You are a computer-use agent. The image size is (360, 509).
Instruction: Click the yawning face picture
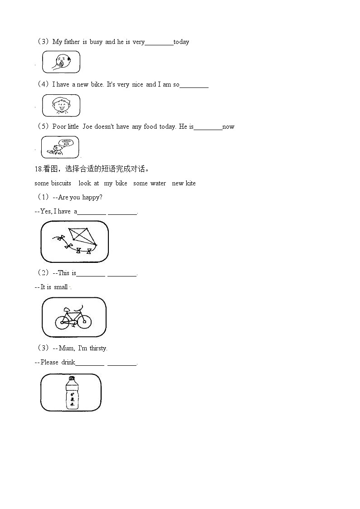point(61,62)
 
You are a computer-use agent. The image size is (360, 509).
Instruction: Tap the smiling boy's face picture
point(61,105)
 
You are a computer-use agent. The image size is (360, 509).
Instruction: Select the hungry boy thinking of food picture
point(60,147)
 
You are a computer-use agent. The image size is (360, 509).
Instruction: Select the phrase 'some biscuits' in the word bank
point(53,183)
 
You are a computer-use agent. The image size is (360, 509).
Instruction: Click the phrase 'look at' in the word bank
point(88,183)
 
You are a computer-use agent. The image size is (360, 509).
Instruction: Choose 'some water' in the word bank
point(150,183)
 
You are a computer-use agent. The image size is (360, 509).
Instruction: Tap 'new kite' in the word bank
point(184,183)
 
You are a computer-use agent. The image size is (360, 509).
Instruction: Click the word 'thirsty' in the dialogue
point(98,348)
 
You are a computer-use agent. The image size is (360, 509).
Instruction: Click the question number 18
point(38,169)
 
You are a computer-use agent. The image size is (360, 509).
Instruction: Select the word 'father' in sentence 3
point(72,42)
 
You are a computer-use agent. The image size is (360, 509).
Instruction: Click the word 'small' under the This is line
point(61,287)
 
